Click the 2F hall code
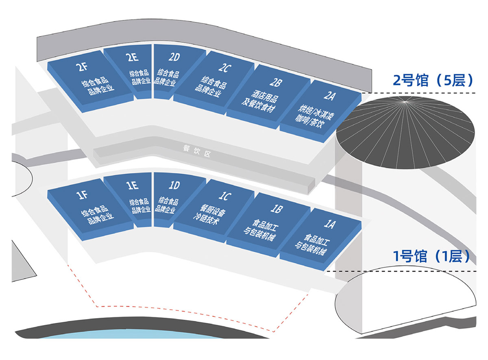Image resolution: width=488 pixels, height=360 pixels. pyautogui.click(x=82, y=67)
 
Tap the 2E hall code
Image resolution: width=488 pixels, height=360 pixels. pyautogui.click(x=132, y=57)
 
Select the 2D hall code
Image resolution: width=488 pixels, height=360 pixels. pyautogui.click(x=174, y=57)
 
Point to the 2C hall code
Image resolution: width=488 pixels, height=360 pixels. pyautogui.click(x=225, y=68)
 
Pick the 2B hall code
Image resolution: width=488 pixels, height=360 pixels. pyautogui.click(x=276, y=82)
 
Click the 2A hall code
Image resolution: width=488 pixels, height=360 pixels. pyautogui.click(x=329, y=96)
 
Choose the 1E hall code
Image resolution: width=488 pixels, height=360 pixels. pyautogui.click(x=133, y=185)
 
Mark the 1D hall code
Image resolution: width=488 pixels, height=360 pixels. pyautogui.click(x=174, y=185)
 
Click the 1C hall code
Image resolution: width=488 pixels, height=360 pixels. pyautogui.click(x=225, y=196)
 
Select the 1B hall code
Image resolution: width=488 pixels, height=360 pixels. pyautogui.click(x=277, y=209)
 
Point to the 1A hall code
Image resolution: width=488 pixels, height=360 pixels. pyautogui.click(x=329, y=224)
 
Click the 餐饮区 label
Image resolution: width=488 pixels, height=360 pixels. pyautogui.click(x=197, y=151)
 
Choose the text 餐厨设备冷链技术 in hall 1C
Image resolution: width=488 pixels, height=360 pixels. pyautogui.click(x=209, y=215)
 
